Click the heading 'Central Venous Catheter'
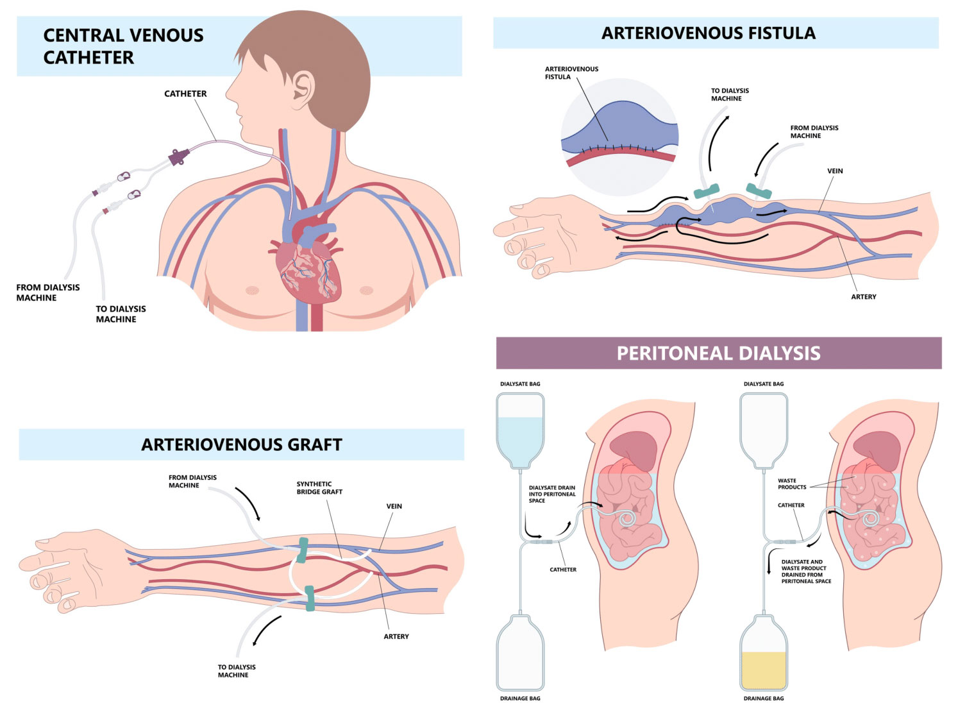click(x=123, y=46)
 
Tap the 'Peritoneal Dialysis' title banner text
click(x=718, y=353)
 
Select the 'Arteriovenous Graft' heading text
click(x=242, y=444)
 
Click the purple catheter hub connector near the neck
click(x=179, y=156)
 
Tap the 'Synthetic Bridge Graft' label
click(x=319, y=488)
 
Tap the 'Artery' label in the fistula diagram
click(x=863, y=297)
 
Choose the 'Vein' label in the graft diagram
click(x=394, y=506)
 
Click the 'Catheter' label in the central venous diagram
click(x=185, y=94)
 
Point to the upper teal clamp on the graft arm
click(x=303, y=550)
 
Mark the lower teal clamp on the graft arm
click(x=310, y=598)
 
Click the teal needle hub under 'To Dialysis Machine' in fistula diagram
click(x=706, y=191)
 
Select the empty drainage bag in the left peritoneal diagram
click(x=520, y=653)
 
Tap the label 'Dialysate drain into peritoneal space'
click(x=552, y=494)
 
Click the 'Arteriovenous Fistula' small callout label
click(x=571, y=72)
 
